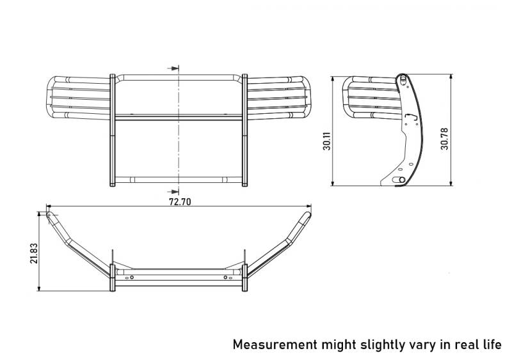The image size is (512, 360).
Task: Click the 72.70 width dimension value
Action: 180,201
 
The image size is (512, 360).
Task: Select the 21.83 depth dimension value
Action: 34,253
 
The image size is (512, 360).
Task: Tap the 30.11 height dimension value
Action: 327,141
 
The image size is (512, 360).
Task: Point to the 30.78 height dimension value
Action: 444,139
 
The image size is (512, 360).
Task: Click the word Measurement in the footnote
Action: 275,344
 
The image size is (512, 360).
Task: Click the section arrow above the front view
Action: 173,68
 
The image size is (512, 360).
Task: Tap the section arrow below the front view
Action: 173,192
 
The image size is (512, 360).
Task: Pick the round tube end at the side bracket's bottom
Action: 402,180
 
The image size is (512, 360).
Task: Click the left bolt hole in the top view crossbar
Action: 132,278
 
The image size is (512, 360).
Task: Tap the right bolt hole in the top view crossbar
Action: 225,278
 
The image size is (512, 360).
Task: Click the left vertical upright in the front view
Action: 113,130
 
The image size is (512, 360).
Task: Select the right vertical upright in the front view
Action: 244,130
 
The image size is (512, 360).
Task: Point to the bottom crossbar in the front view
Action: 179,180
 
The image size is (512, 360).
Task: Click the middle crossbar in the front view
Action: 179,118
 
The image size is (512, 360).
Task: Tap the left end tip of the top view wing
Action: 49,214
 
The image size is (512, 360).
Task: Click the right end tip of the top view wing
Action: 308,214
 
